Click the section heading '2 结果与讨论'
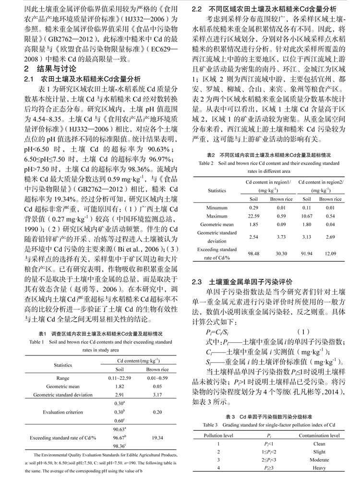tap(51, 68)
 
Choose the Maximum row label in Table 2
tap(217, 216)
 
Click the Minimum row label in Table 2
tap(217, 207)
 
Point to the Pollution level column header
tap(219, 435)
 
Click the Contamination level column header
tap(319, 435)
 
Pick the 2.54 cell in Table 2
tap(253, 236)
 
